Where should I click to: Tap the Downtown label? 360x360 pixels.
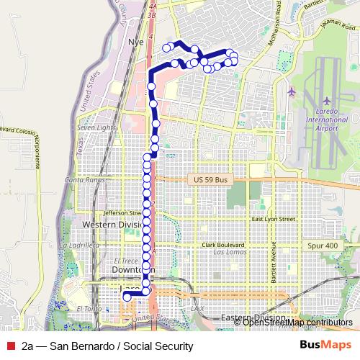130,269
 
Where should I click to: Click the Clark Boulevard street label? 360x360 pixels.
224,245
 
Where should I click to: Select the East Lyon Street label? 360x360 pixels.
274,218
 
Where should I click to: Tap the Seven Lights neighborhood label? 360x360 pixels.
96,127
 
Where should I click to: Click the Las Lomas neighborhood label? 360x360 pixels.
233,253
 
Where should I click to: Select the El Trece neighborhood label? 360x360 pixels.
125,261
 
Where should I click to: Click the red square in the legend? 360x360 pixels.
10,346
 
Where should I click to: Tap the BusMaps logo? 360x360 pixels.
325,346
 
